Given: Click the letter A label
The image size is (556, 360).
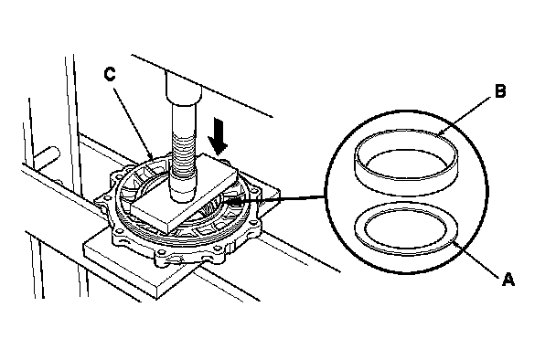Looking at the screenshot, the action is [508, 280].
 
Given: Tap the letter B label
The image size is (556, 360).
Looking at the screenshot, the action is [500, 91].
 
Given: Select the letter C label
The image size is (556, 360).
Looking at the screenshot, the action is [110, 74].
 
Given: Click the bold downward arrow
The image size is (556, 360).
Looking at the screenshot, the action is [218, 137].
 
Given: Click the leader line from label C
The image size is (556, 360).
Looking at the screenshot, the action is [133, 122].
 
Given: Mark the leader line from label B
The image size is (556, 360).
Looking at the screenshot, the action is [465, 117].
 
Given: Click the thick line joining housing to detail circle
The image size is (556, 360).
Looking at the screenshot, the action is [276, 199].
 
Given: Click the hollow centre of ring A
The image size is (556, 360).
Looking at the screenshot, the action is [406, 228].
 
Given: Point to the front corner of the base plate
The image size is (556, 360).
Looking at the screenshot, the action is [156, 299].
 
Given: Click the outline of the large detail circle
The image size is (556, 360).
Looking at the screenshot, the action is [326, 191].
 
